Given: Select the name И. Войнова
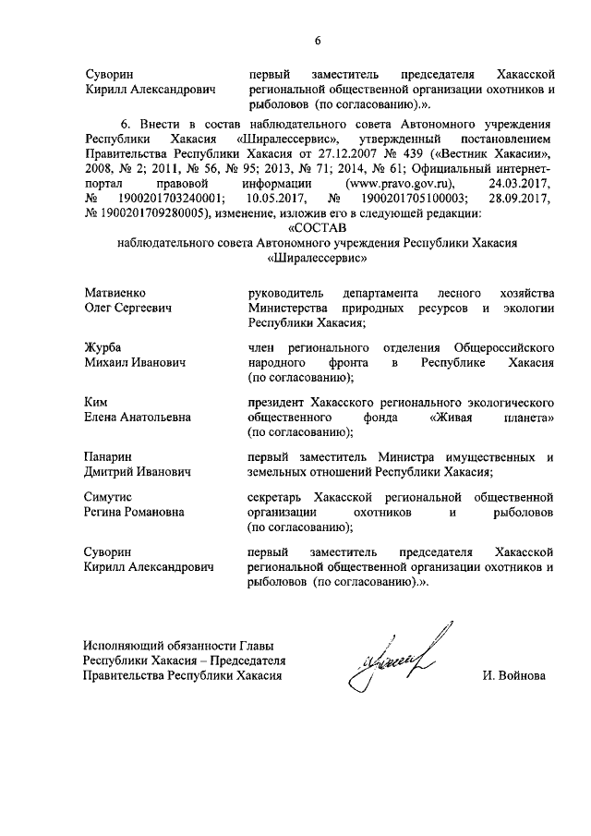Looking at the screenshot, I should coord(513,676).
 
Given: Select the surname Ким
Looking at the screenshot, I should coord(95,402).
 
